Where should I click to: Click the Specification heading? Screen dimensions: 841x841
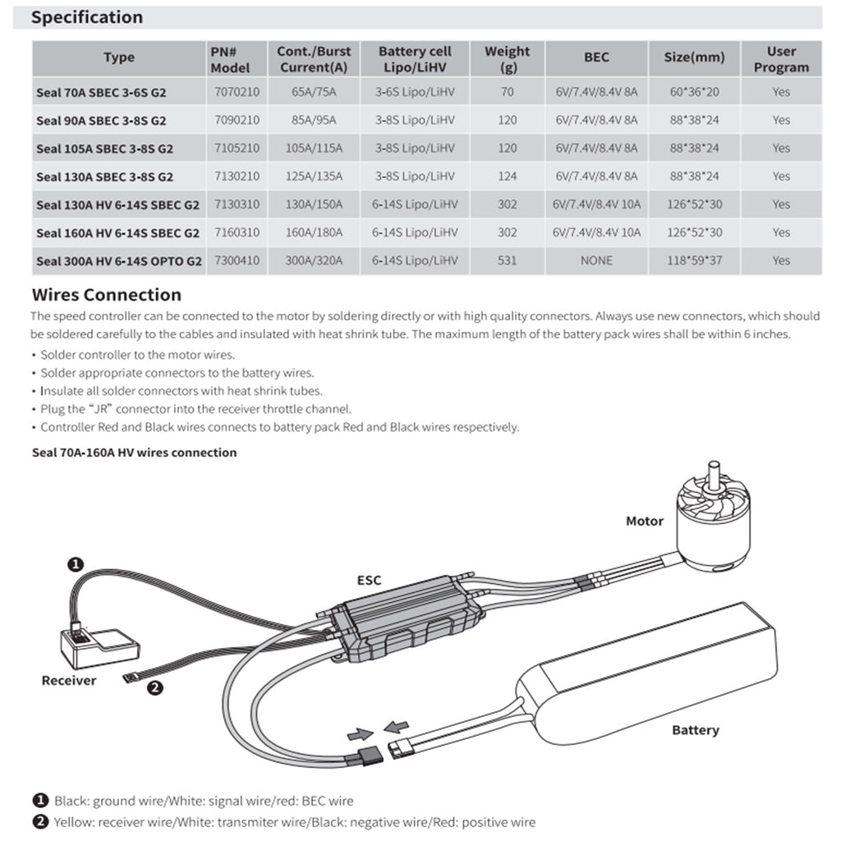tap(87, 17)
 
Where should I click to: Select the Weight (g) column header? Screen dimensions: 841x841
tap(507, 58)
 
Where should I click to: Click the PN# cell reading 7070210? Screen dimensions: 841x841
tap(236, 92)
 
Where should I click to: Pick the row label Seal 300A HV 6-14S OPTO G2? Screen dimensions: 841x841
tap(119, 261)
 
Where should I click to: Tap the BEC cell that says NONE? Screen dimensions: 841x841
tap(596, 260)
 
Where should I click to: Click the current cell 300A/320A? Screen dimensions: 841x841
tap(316, 260)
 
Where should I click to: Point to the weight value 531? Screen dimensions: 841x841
tap(507, 260)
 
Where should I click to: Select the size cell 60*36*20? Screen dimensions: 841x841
tap(695, 92)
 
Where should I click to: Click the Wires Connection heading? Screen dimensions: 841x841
tap(106, 295)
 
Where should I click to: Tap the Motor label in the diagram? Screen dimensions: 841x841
tap(644, 521)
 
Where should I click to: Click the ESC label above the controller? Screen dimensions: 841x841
tap(369, 580)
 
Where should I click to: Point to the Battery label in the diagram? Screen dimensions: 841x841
tap(695, 729)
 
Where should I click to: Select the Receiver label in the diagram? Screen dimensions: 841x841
tap(69, 680)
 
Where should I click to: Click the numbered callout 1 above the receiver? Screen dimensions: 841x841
tap(75, 564)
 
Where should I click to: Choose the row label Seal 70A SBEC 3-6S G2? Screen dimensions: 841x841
tap(101, 92)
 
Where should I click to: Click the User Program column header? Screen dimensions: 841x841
tap(780, 58)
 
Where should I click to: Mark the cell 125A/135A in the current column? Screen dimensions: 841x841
tap(316, 176)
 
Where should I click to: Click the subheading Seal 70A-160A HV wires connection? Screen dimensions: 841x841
tap(134, 453)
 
